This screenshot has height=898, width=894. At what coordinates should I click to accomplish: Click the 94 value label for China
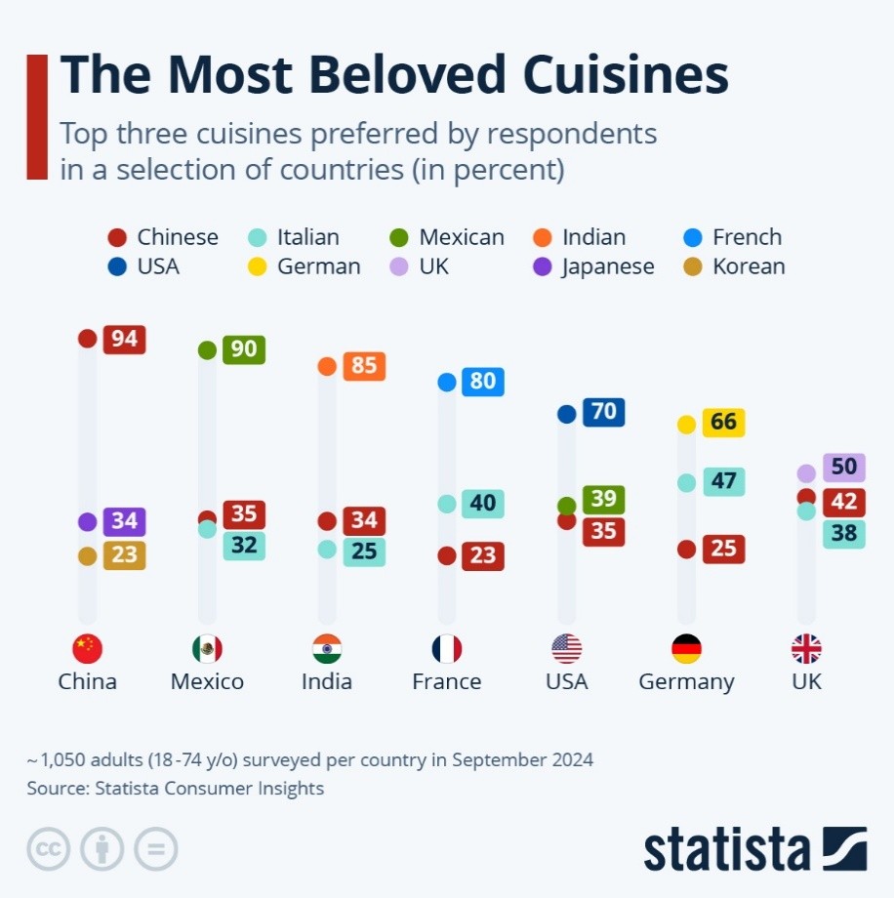124,339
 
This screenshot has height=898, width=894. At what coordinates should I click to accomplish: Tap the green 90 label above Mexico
244,349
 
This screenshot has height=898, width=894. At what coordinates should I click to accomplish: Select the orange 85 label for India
364,366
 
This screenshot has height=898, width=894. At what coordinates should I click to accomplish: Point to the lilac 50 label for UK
843,468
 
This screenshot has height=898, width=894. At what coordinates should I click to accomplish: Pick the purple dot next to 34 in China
88,521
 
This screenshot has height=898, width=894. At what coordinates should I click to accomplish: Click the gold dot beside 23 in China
88,556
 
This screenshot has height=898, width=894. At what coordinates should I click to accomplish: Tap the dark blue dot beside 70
566,414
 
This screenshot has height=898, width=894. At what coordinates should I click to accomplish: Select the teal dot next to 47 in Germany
687,482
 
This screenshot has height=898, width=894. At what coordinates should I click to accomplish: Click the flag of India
327,649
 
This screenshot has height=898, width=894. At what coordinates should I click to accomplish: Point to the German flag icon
687,649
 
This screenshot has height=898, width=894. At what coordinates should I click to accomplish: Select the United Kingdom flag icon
806,649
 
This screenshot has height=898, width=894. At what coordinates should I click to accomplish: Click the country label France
447,681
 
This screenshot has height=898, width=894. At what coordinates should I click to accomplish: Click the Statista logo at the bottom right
754,849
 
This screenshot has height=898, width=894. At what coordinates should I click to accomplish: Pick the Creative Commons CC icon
48,849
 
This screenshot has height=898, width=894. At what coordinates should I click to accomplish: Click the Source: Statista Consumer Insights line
176,788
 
